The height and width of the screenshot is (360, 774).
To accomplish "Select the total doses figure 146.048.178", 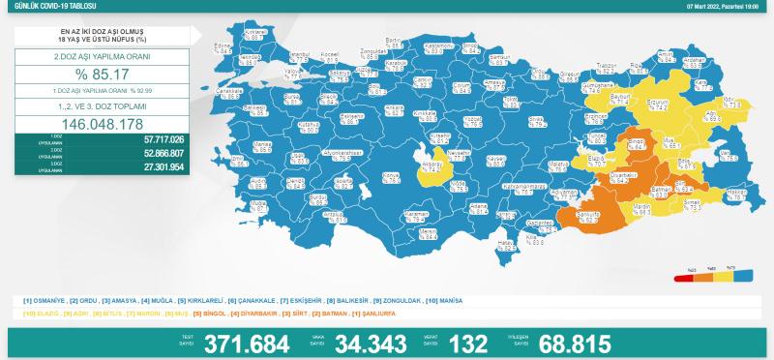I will [102, 123].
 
